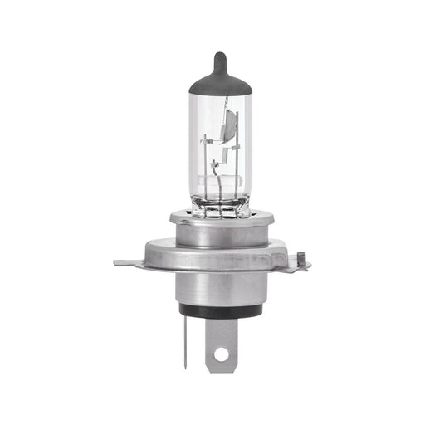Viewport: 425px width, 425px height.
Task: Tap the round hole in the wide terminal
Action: tap(220, 354)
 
